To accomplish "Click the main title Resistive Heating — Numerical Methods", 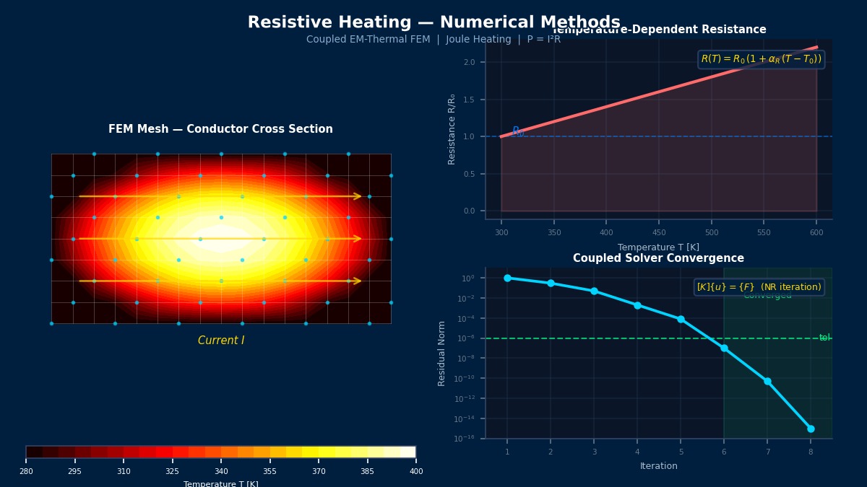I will point(433,22).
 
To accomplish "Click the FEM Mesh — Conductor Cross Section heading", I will point(220,129).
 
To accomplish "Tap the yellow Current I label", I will point(221,341).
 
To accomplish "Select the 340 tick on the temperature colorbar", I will point(221,471).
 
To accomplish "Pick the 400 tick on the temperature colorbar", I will point(416,471).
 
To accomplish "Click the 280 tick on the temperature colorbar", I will point(26,471).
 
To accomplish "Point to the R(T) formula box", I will point(761,59).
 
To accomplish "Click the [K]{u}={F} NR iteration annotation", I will point(759,287).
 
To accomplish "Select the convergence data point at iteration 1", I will point(507,278).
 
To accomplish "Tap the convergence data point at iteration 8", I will point(811,429).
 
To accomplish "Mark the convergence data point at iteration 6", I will point(724,348).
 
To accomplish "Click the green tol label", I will point(824,338).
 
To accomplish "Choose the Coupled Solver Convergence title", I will point(658,258).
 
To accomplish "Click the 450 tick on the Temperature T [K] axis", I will point(659,232).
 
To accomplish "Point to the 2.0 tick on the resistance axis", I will point(469,62).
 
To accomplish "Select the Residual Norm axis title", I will point(442,353).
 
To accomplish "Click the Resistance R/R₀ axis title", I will point(452,129).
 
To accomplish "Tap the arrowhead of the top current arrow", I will point(358,196).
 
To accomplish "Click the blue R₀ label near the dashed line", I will point(517,131).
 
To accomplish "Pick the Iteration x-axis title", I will point(658,466).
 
